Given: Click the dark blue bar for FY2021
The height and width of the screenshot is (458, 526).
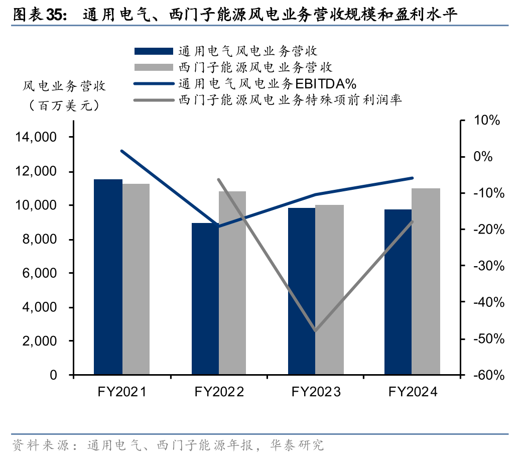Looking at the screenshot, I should point(108,277).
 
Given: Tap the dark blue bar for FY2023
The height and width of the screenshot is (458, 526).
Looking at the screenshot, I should point(302,291).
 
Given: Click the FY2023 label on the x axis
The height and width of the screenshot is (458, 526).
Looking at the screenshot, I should point(316,392).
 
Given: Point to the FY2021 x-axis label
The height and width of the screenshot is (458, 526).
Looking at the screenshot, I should point(122,392).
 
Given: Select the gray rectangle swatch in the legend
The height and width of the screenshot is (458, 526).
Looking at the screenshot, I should point(153,67).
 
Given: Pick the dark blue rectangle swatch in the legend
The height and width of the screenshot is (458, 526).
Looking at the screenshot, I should point(153,51).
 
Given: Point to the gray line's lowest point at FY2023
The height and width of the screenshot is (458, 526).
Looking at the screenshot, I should point(316,331).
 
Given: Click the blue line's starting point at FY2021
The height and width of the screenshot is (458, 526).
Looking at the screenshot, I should point(122,151).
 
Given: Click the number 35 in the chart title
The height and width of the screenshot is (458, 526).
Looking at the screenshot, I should point(55,15).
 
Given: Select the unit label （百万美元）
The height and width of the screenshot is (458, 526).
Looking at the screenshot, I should point(64,106).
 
